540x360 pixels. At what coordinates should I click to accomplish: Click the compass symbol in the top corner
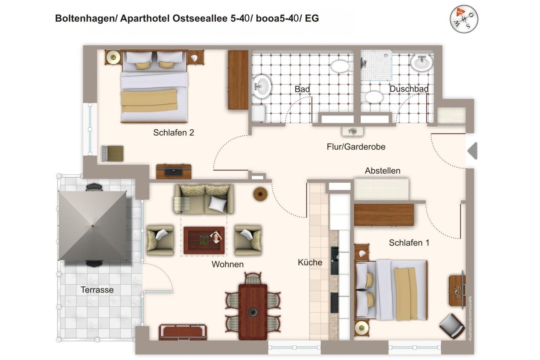click(464, 19)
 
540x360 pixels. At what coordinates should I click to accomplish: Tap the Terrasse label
click(97, 290)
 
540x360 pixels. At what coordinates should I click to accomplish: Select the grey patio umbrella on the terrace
click(93, 226)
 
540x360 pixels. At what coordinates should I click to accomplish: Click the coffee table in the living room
click(204, 240)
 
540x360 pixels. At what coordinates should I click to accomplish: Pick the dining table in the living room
click(253, 311)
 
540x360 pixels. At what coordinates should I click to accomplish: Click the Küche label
click(310, 262)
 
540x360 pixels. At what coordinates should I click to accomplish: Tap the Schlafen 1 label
click(409, 243)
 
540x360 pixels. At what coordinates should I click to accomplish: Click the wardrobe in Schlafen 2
click(238, 80)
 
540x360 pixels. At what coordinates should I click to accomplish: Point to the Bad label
click(302, 89)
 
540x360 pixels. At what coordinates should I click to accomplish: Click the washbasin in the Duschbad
click(421, 62)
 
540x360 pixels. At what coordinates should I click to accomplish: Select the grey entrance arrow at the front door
click(472, 151)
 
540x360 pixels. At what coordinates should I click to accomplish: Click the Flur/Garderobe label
click(356, 147)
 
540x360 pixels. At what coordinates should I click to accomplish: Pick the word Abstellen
click(382, 171)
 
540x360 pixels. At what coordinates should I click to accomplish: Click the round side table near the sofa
click(260, 194)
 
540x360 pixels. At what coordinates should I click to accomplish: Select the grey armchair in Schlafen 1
click(452, 325)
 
